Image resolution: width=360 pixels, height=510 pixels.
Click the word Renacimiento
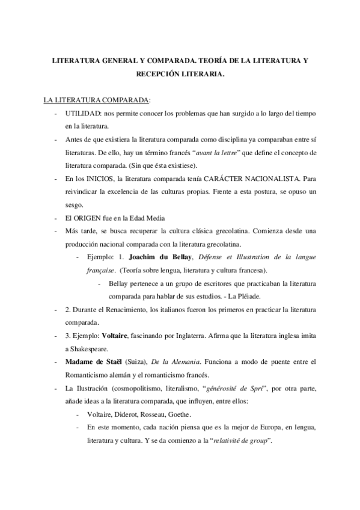pos(133,309)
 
